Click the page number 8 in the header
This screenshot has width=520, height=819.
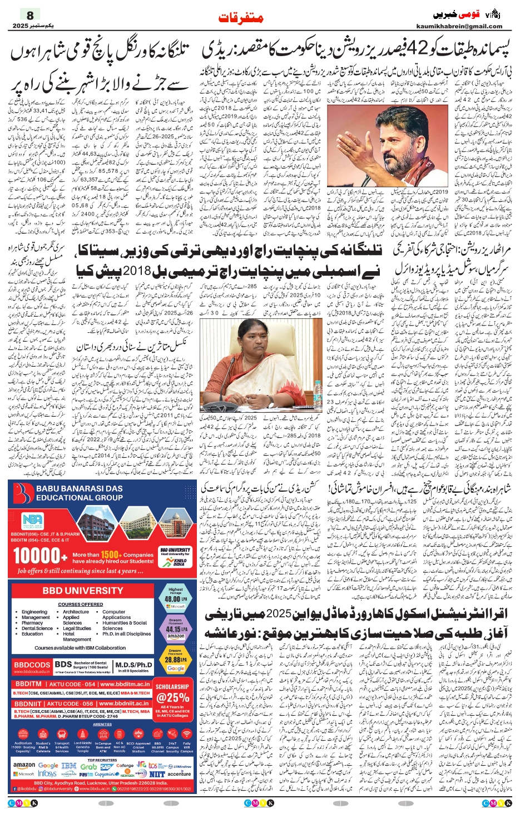[29, 15]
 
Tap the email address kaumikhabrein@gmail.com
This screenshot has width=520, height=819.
[459, 26]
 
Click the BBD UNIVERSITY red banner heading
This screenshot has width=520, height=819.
[82, 591]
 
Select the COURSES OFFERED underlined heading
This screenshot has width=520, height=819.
[80, 604]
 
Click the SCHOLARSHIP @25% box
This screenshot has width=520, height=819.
[173, 694]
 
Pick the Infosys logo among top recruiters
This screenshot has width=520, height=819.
[47, 773]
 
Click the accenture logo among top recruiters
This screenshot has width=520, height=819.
[179, 773]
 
